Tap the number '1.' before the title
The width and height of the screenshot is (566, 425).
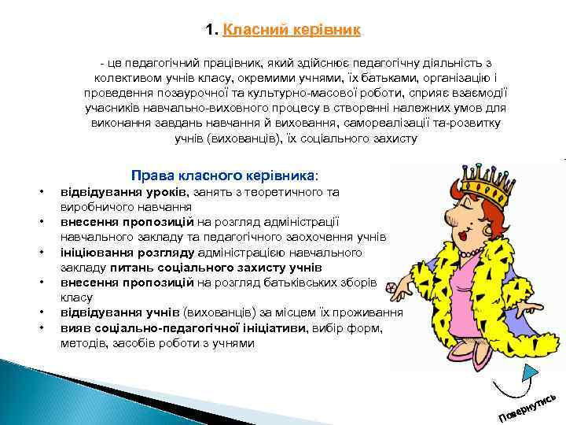(211, 31)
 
